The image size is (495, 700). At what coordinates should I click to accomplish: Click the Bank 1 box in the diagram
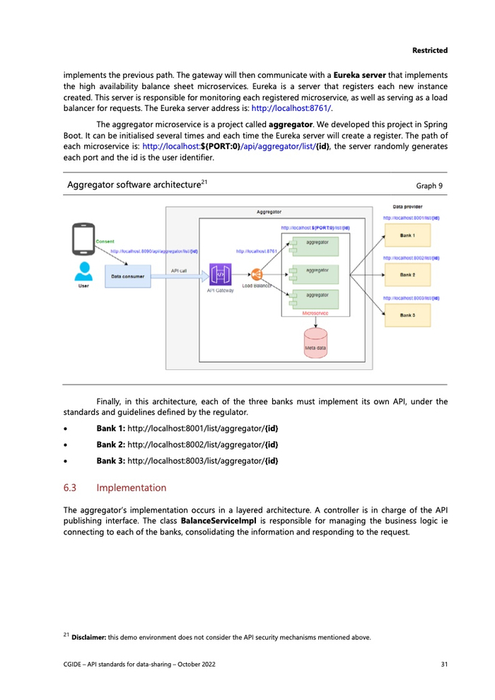coord(407,235)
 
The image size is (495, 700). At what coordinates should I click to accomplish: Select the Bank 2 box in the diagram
coord(407,274)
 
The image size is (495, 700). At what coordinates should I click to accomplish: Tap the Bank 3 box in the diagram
coord(407,314)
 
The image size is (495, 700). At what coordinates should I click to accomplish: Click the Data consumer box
coord(127,276)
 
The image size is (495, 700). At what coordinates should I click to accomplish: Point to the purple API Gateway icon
coord(221,274)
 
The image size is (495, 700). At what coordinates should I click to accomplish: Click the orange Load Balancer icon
coord(257,274)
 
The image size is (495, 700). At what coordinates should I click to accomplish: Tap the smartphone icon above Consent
coord(83,238)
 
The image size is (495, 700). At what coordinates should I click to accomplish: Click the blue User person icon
coord(83,272)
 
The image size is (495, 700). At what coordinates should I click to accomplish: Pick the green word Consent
coord(105,242)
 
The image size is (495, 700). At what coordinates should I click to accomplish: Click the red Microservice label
coord(315,312)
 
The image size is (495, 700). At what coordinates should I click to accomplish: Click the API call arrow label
coord(179,270)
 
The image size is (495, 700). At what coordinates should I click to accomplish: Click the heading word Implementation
coord(132,488)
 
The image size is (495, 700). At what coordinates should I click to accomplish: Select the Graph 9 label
coord(430,186)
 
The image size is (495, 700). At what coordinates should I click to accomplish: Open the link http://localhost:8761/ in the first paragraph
coord(291,108)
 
